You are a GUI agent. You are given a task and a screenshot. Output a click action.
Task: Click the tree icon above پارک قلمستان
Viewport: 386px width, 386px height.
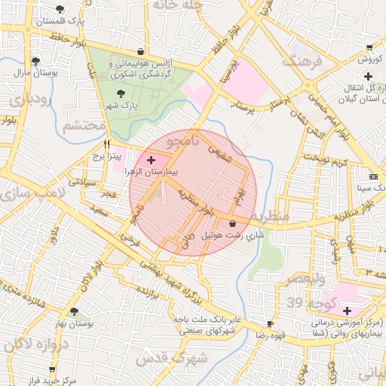(60, 9)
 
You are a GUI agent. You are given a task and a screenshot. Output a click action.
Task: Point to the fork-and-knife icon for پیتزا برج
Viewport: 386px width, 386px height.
(107, 143)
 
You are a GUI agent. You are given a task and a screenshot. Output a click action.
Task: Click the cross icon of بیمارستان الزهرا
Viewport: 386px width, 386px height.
(152, 160)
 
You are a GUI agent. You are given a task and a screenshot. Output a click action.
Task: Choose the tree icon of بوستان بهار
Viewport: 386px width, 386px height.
(73, 311)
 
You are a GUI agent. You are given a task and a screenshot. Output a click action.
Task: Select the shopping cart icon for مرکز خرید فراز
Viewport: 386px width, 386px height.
(52, 369)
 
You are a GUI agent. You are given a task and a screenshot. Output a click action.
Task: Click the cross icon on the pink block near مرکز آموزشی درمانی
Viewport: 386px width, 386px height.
(347, 311)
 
